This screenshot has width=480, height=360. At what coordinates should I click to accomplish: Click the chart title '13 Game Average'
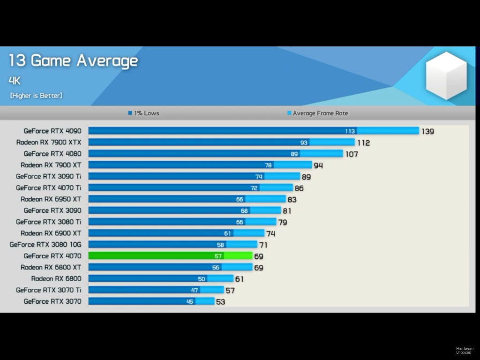tap(73, 61)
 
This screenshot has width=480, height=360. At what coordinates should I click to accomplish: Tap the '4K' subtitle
tap(15, 81)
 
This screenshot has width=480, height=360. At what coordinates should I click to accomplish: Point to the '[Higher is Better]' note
tap(36, 96)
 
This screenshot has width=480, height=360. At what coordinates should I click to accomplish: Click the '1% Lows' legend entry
tap(144, 113)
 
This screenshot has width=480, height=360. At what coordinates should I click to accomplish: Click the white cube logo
tap(446, 75)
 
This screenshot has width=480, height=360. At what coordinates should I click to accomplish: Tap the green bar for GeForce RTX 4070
tap(170, 256)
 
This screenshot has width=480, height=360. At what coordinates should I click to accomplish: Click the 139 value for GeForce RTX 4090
tap(427, 131)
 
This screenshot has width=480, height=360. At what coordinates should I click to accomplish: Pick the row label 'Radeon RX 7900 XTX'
tap(49, 142)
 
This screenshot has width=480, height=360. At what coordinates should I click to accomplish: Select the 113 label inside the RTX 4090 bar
tap(350, 131)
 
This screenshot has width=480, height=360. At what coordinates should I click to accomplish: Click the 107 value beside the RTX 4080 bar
tap(352, 154)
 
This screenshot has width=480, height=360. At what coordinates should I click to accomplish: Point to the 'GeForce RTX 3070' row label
tap(52, 301)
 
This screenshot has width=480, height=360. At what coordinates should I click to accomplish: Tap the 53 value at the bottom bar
tap(220, 302)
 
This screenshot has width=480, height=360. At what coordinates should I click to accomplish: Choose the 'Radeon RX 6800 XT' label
tap(51, 267)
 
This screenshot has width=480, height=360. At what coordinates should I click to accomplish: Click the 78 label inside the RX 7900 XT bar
tap(268, 165)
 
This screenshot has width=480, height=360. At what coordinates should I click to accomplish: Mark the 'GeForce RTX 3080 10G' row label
tap(45, 245)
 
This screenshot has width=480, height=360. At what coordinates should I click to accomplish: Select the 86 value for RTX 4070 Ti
tap(299, 188)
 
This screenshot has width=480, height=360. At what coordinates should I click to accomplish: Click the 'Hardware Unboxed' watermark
tap(465, 350)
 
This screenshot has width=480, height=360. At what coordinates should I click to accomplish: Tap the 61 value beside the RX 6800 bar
tap(239, 279)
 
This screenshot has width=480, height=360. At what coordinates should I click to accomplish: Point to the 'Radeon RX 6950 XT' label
tap(51, 199)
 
